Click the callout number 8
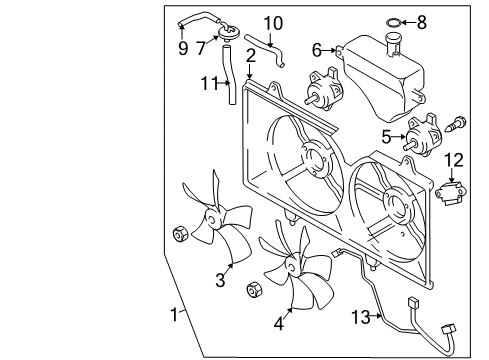point(422,23)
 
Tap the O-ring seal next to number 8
point(393,23)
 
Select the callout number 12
point(454,160)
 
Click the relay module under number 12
point(451,193)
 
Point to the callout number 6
point(317,50)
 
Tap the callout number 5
point(386,137)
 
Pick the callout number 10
point(273,23)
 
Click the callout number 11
point(209,83)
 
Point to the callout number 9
point(183,48)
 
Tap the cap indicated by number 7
point(229,33)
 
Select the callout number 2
point(251,56)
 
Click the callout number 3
point(220,280)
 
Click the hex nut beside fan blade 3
point(180,234)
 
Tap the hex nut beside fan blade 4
point(255,289)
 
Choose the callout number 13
point(361,317)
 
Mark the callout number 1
point(174,315)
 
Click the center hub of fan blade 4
point(292,266)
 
